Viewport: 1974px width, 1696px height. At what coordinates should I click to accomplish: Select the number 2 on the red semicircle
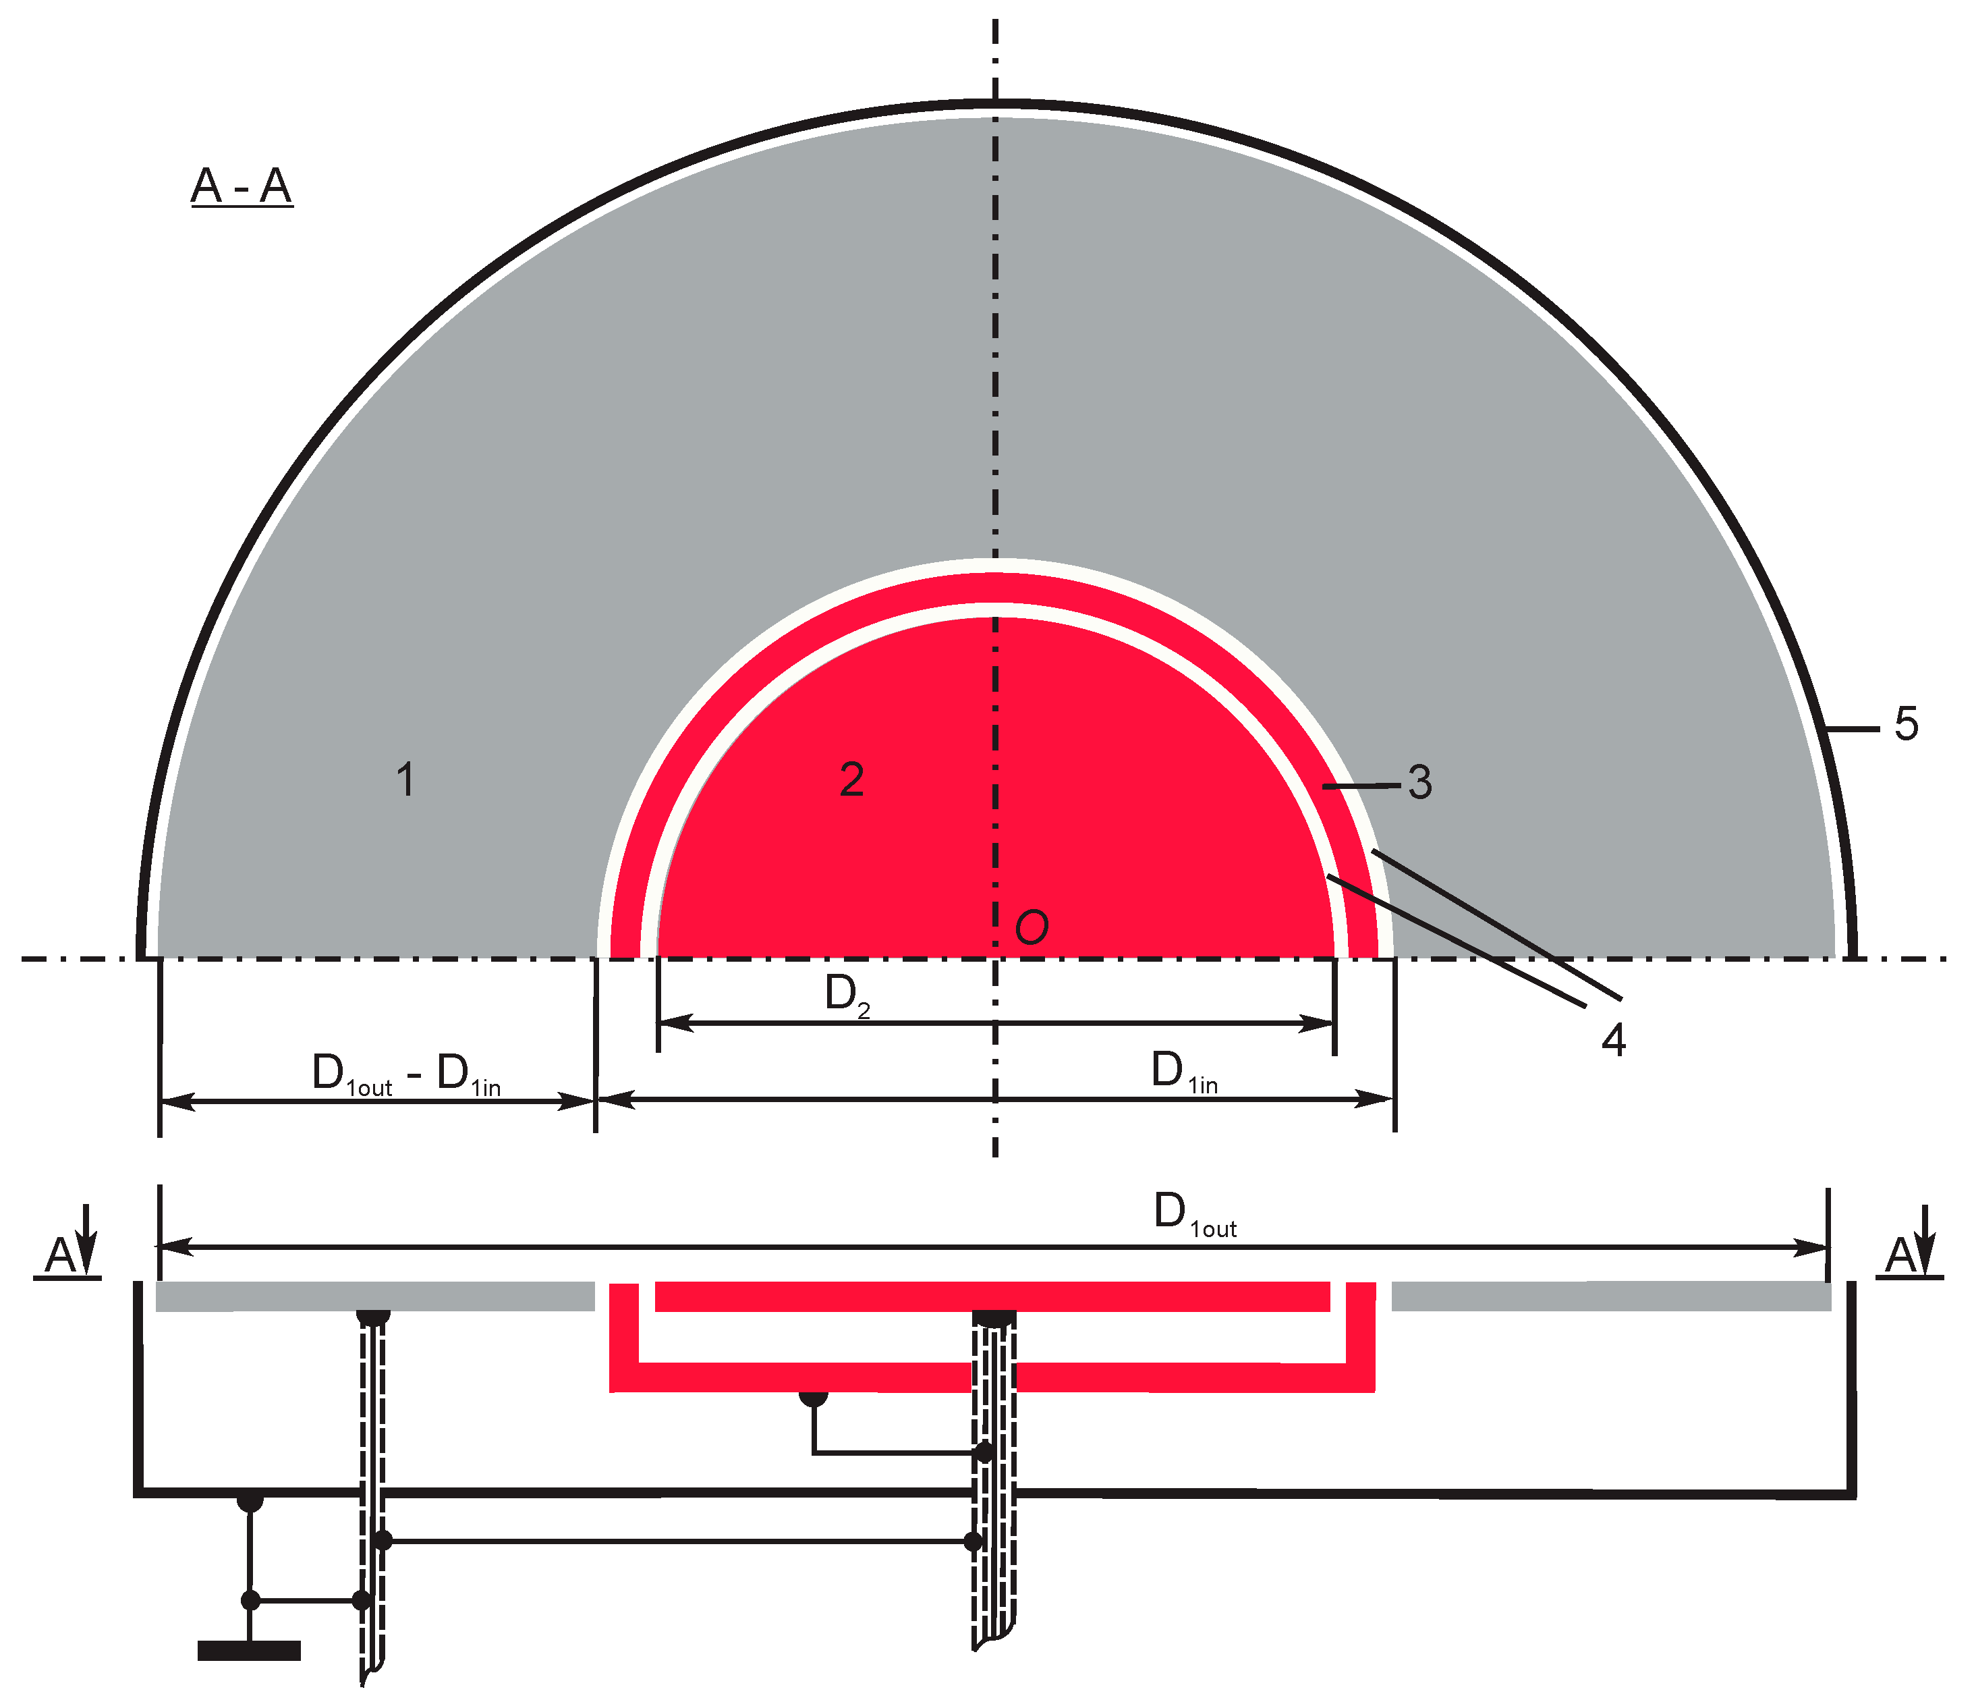pyautogui.click(x=851, y=779)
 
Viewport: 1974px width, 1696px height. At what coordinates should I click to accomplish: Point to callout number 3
pyautogui.click(x=1419, y=782)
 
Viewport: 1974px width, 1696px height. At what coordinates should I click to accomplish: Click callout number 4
pyautogui.click(x=1613, y=1039)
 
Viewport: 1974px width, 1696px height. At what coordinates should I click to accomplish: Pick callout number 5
pyautogui.click(x=1905, y=724)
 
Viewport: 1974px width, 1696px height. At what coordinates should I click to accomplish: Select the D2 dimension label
pyautogui.click(x=847, y=995)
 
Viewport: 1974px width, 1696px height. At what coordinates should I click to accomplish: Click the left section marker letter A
pyautogui.click(x=61, y=1256)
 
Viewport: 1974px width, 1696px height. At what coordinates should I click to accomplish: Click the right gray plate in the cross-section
pyautogui.click(x=1610, y=1296)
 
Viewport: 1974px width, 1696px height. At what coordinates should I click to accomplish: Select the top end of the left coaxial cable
pyautogui.click(x=374, y=1317)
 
